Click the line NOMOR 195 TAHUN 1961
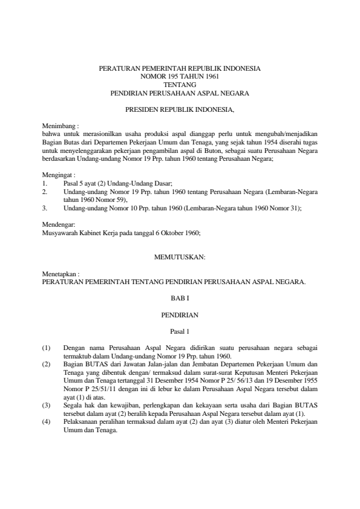[x=180, y=77]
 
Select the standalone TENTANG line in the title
[x=180, y=85]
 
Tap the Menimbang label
[x=57, y=125]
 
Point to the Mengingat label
[x=57, y=173]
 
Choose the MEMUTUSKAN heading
[x=180, y=257]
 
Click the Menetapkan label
[x=58, y=274]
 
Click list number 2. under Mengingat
[x=45, y=190]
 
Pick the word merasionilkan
[x=96, y=132]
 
